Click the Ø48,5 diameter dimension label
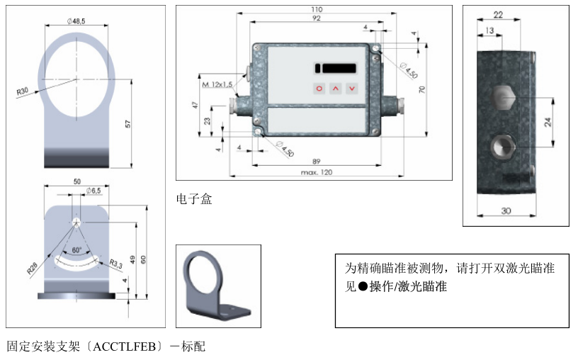[76, 22]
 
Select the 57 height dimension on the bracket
[128, 123]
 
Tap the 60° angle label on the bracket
[76, 250]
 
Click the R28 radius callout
[32, 268]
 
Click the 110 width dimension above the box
[317, 9]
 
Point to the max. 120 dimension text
[316, 172]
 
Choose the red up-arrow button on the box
[336, 89]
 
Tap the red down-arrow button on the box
[352, 89]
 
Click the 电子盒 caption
[193, 199]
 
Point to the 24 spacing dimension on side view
[548, 122]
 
